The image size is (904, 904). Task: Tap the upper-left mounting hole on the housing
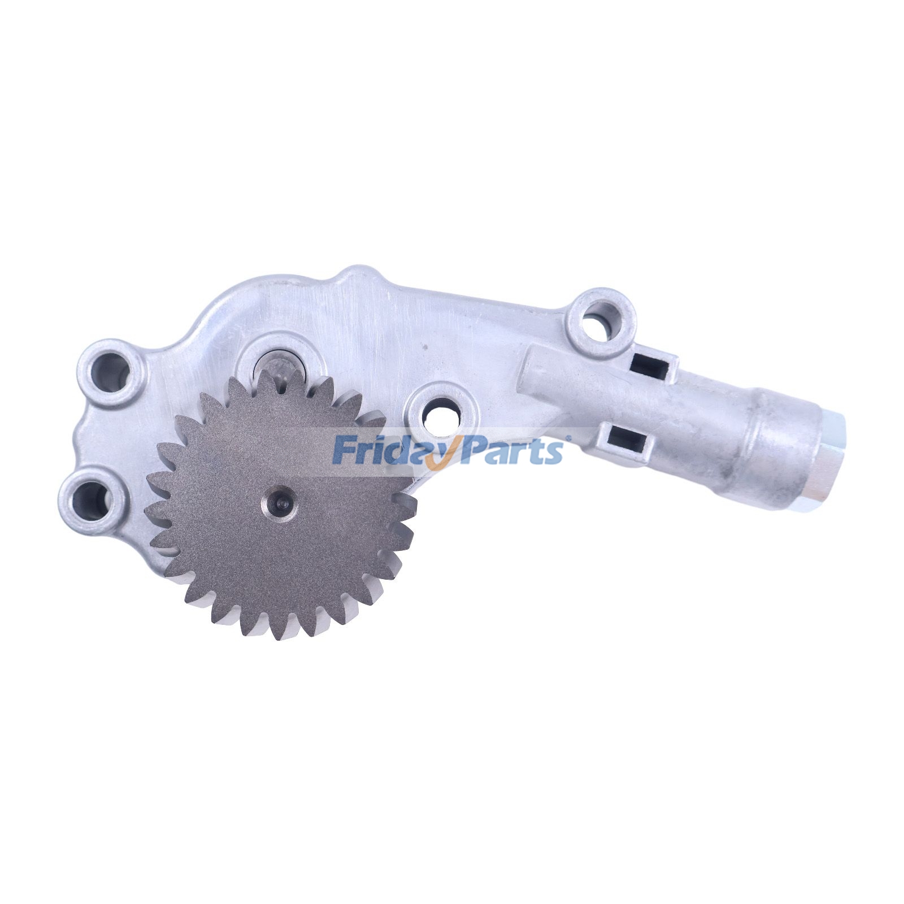[111, 372]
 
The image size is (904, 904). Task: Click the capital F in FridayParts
[344, 450]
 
